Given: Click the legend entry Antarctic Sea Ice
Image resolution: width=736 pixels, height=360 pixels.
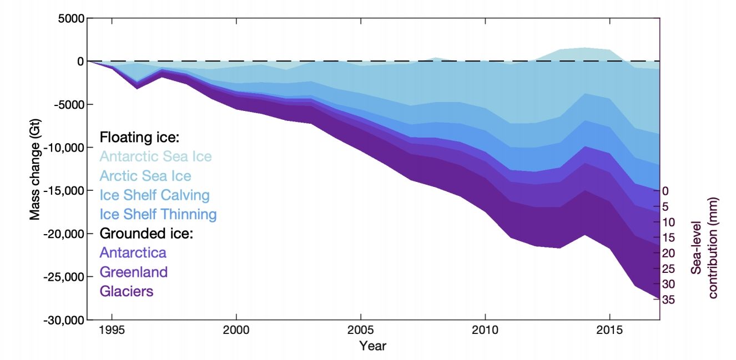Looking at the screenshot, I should pyautogui.click(x=155, y=157).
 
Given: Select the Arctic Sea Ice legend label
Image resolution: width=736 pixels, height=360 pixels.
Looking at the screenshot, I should pyautogui.click(x=145, y=176).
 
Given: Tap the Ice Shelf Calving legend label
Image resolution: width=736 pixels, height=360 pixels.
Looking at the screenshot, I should pyautogui.click(x=154, y=195).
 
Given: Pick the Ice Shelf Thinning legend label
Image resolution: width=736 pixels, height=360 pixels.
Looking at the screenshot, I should pyautogui.click(x=158, y=214).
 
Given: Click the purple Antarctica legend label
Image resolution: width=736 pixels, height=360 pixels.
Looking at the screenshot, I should pyautogui.click(x=133, y=252).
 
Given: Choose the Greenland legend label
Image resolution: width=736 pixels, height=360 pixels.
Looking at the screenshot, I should pyautogui.click(x=133, y=272).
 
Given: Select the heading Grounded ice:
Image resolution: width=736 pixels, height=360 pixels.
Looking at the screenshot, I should pyautogui.click(x=145, y=233).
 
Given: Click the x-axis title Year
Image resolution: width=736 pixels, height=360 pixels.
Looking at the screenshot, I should pyautogui.click(x=372, y=347).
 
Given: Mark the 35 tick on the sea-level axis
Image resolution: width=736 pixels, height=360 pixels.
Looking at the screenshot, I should pyautogui.click(x=669, y=300).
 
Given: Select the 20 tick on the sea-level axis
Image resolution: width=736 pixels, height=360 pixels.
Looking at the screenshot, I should pyautogui.click(x=669, y=253).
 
